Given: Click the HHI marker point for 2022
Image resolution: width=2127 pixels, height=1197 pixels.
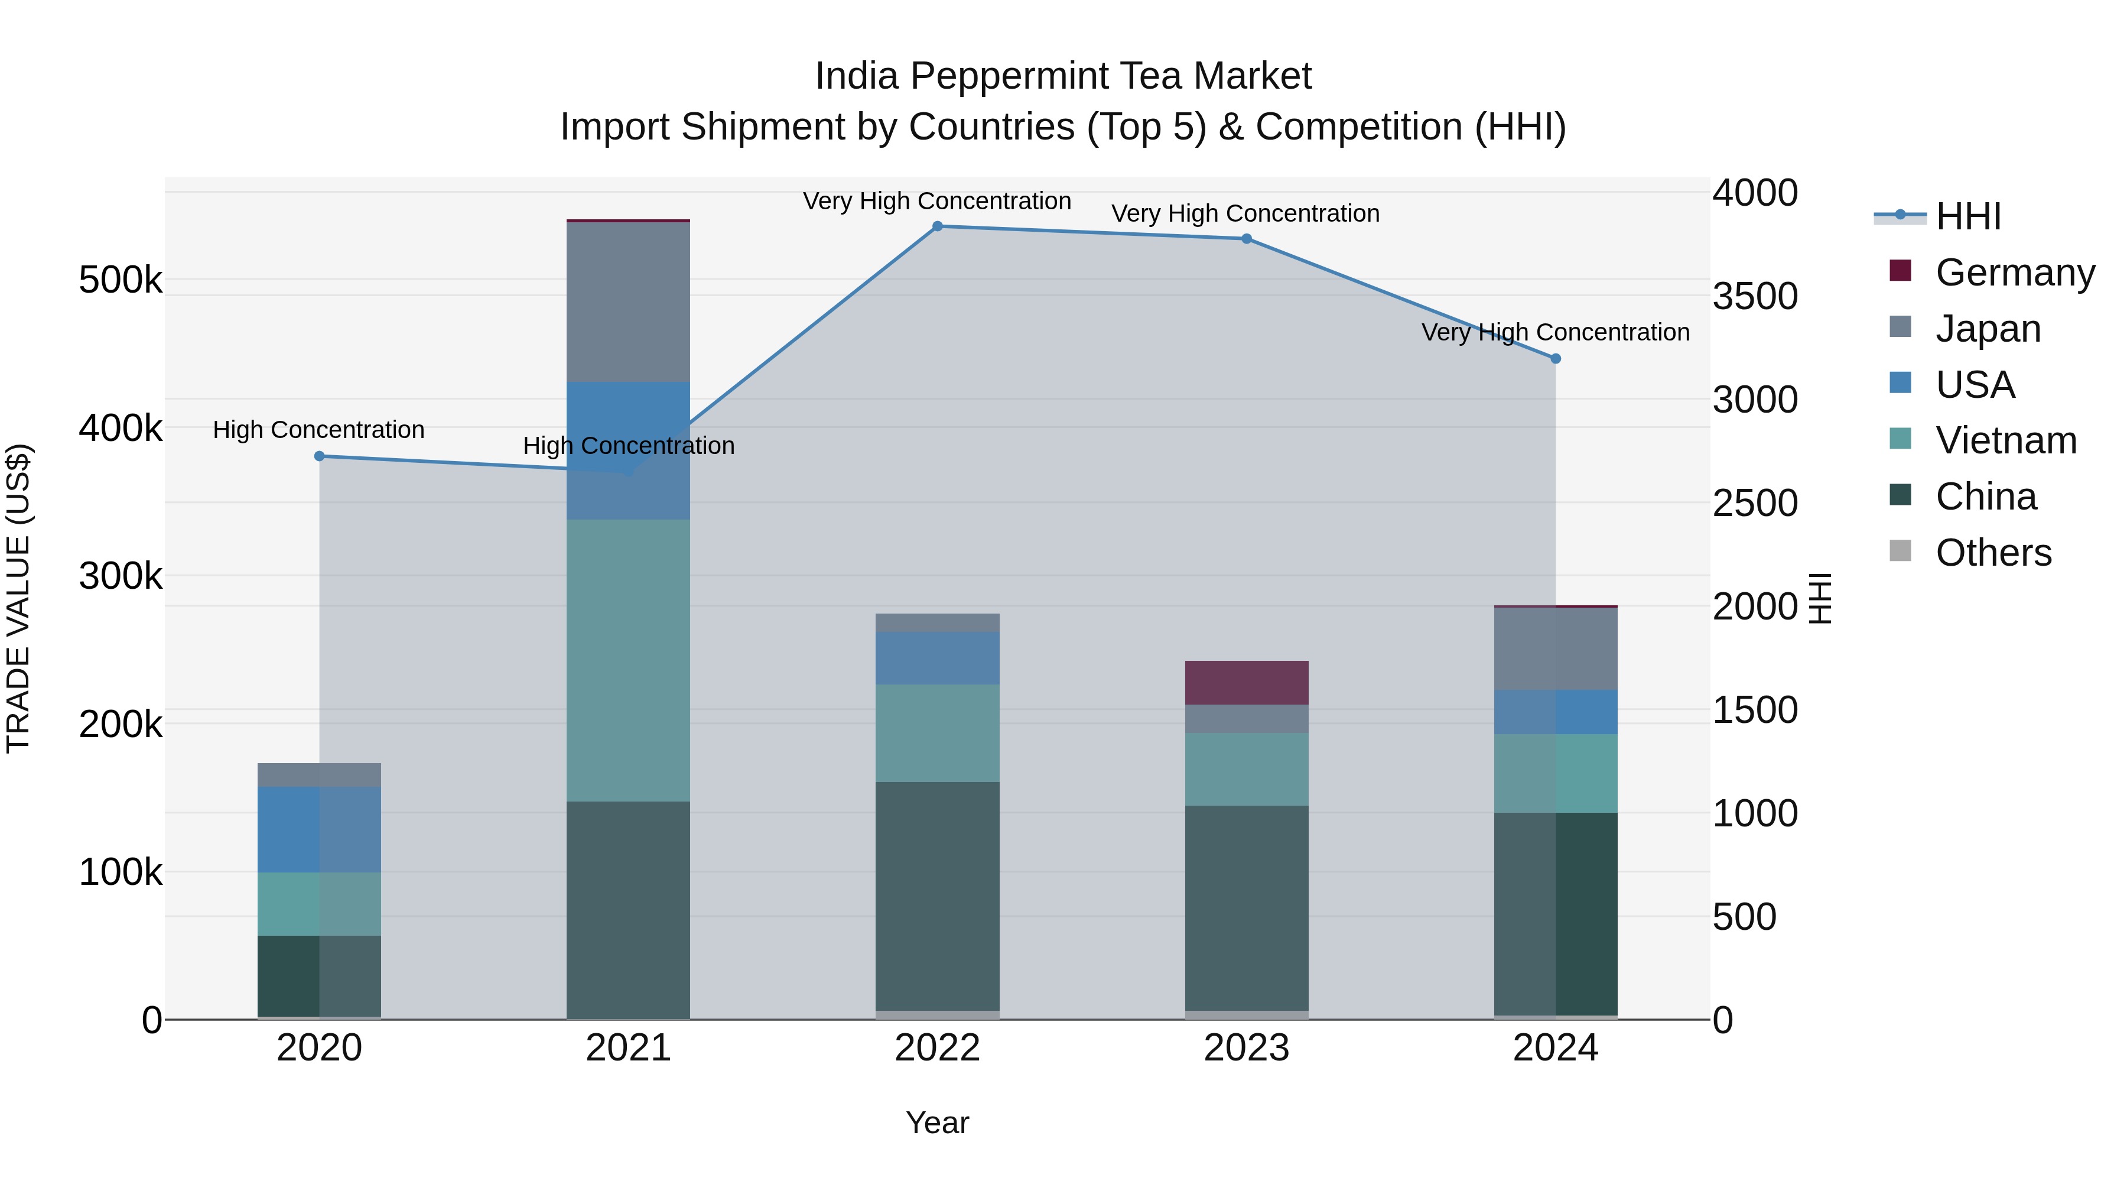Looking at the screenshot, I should point(937,226).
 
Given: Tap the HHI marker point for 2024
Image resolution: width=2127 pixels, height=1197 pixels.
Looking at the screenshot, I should point(1556,359).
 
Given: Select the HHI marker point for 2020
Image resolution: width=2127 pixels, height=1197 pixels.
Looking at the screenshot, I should point(320,456).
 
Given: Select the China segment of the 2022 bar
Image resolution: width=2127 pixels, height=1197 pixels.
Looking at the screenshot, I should point(937,896).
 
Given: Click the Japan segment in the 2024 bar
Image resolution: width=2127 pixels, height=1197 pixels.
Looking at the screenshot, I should point(1556,648).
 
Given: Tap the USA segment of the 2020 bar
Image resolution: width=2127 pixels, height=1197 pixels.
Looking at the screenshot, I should point(320,829).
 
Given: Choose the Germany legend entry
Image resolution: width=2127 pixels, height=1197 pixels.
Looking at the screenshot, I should point(2014,272).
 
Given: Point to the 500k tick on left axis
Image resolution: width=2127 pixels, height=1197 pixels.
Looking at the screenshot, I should point(121,280).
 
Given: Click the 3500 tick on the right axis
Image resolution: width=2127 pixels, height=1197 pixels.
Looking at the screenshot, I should point(1755,297).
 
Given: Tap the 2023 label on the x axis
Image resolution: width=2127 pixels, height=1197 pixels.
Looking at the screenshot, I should point(1247,1048).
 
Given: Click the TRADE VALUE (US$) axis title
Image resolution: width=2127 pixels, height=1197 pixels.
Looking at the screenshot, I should point(18,598).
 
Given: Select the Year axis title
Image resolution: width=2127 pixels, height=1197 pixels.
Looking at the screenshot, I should point(937,1123).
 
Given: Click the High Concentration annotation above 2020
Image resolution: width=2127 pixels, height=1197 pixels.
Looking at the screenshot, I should point(318,430).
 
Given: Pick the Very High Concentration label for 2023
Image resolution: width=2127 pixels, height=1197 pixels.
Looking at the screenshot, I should point(1245,213).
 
